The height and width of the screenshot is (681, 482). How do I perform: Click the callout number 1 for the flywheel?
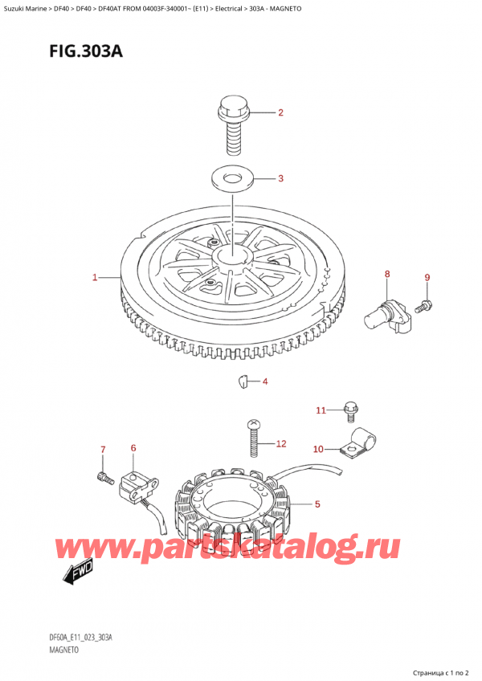click(x=95, y=278)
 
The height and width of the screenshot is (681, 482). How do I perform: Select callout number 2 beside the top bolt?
click(x=280, y=113)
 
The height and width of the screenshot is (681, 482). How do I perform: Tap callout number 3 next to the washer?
click(x=280, y=179)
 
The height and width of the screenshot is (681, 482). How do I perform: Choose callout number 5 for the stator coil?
click(x=317, y=504)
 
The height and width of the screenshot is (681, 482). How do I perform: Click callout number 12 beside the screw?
click(x=280, y=443)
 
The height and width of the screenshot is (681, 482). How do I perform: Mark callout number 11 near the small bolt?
click(x=321, y=410)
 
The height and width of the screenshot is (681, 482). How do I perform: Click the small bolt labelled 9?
click(x=424, y=305)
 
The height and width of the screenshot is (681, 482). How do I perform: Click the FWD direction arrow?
click(x=78, y=575)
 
